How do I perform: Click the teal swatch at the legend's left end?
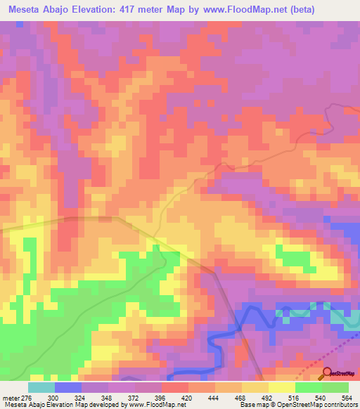41,388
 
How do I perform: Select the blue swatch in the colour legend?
68,388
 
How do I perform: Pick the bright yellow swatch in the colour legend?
282,388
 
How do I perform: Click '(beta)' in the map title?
296,10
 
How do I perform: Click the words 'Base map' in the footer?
250,404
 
